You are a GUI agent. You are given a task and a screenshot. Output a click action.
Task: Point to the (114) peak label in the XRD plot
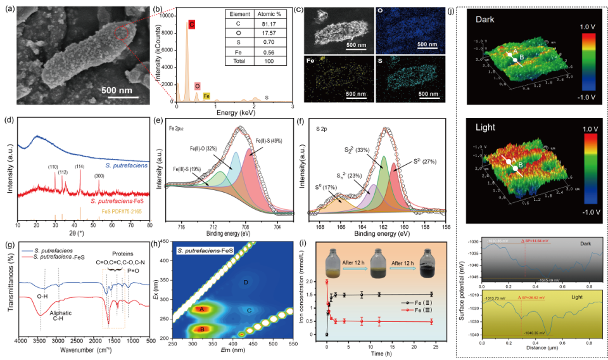tap(79, 167)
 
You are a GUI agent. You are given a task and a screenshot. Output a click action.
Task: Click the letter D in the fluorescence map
tap(246, 281)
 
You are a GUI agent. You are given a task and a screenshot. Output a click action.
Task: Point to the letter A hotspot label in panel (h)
tap(202, 309)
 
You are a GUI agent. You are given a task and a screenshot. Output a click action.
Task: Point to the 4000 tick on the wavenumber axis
tap(20, 340)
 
